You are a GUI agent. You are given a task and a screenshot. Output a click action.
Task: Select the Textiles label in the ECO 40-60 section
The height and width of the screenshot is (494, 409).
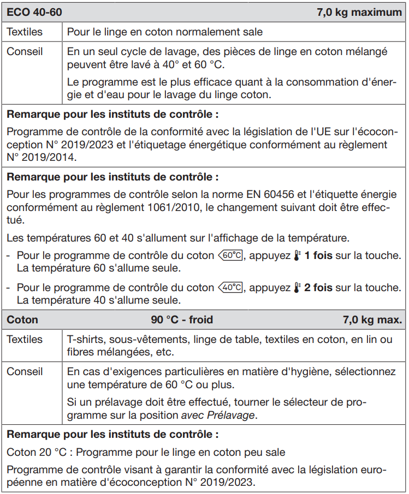(x=24, y=32)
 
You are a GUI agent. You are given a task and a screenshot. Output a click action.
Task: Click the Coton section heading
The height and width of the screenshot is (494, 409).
(x=22, y=320)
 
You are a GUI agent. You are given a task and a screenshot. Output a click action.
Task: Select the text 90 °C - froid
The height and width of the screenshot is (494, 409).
(x=182, y=320)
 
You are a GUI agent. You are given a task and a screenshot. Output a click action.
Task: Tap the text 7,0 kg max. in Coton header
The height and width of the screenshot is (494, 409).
(x=372, y=320)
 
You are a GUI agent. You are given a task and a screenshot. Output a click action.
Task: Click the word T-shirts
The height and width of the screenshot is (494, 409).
(x=85, y=340)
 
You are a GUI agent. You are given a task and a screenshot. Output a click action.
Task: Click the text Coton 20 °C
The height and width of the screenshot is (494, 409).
(x=39, y=453)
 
